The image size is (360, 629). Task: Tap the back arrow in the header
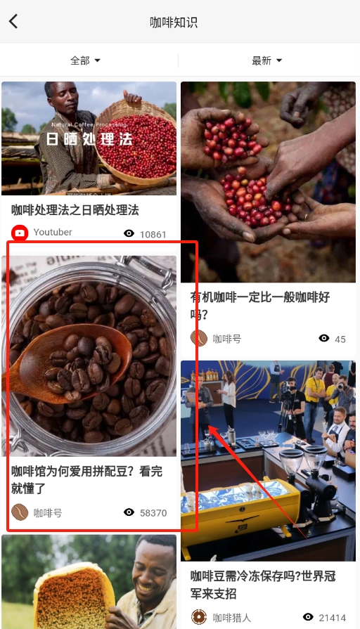tap(13, 21)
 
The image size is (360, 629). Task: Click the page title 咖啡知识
tap(174, 22)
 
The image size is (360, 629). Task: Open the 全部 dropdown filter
tap(85, 60)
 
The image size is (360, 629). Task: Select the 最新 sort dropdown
tap(266, 60)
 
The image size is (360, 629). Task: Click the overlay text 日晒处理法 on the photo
tap(89, 138)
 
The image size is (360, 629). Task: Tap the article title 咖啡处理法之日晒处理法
tap(75, 209)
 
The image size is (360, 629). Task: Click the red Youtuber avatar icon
tap(20, 233)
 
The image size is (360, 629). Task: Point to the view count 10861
tap(153, 234)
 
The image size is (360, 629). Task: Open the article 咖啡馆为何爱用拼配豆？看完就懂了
tap(84, 479)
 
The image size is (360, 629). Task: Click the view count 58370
tap(153, 513)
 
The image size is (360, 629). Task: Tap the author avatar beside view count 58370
tap(20, 512)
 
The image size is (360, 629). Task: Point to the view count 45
tap(340, 339)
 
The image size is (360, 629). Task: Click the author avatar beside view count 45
tap(199, 338)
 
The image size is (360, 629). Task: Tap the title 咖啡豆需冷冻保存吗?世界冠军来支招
tap(263, 585)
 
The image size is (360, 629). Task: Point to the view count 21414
tap(331, 618)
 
